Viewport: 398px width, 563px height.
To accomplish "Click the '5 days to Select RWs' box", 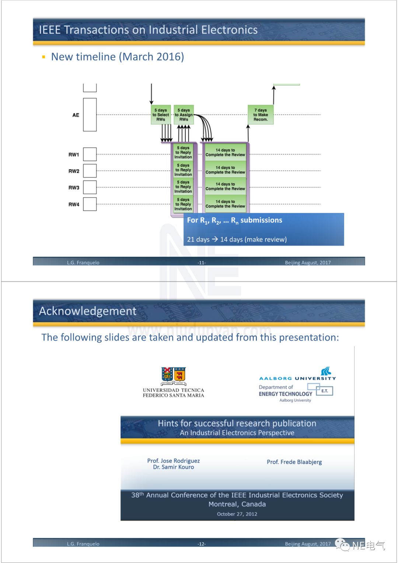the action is click(x=161, y=115).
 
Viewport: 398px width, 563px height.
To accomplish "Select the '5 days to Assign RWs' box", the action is click(x=184, y=115).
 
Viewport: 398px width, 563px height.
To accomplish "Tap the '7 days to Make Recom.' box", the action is click(x=261, y=115).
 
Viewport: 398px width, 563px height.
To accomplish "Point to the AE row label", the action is click(x=76, y=115).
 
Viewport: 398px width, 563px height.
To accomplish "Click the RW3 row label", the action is click(x=74, y=188).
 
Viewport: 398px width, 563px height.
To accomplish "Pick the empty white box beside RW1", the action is click(x=90, y=154).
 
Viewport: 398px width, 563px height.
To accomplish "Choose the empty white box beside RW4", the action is click(x=90, y=204).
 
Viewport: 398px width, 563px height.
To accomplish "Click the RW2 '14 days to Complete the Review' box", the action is click(x=225, y=170).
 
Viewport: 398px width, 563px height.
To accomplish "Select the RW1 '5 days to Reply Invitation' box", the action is click(x=183, y=153).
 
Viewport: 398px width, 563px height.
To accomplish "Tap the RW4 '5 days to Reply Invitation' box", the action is click(x=183, y=204).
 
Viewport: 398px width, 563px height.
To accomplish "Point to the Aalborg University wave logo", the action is click(x=326, y=371).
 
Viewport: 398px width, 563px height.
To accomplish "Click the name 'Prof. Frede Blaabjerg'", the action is click(x=294, y=462).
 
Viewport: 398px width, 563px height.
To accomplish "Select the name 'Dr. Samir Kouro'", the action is click(x=174, y=467).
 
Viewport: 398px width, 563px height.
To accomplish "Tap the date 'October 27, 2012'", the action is click(x=237, y=514).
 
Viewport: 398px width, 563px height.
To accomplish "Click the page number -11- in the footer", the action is click(x=202, y=263).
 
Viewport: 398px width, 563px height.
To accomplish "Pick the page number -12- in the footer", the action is click(x=202, y=544).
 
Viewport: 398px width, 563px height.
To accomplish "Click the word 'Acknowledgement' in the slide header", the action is click(x=88, y=311).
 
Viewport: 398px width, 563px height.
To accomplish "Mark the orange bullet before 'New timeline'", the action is click(x=43, y=57).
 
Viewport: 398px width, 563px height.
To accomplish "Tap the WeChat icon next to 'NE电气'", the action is click(x=342, y=545).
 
